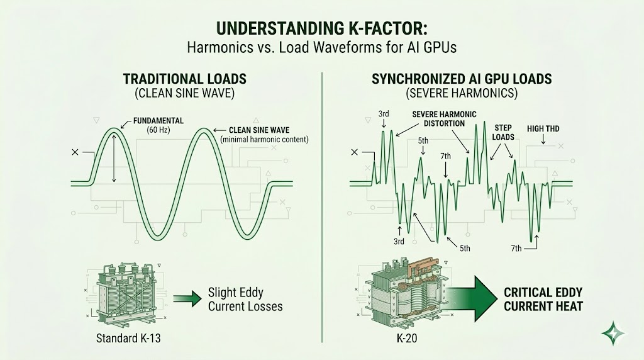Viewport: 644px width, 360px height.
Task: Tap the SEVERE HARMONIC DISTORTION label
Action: (444, 118)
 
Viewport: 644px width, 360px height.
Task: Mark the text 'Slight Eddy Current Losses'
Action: (245, 300)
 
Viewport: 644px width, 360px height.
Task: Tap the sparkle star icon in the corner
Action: (609, 332)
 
